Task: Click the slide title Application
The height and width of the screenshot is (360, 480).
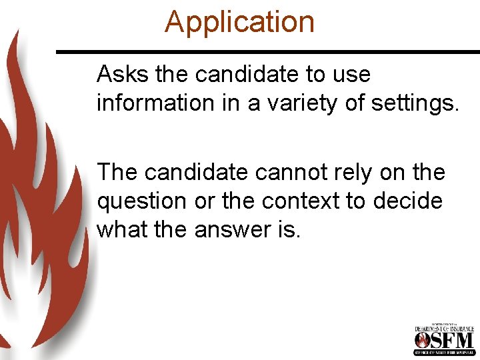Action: [x=239, y=21]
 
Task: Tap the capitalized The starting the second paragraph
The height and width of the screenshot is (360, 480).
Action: [x=117, y=172]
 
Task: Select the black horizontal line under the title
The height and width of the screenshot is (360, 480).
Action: [x=267, y=51]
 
